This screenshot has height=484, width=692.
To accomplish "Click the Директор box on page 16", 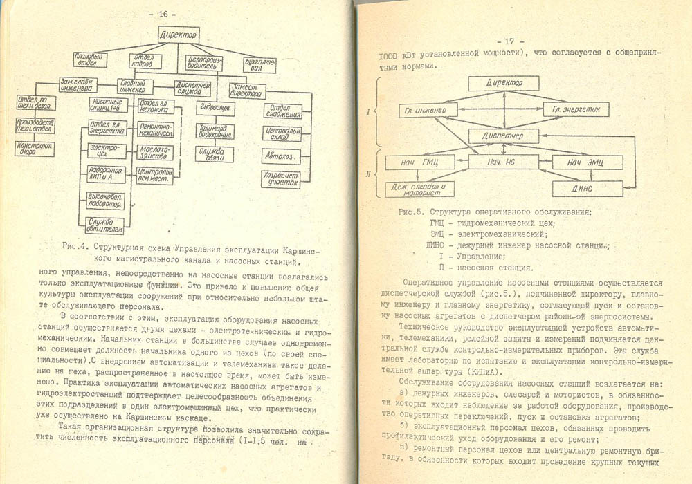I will [178, 34].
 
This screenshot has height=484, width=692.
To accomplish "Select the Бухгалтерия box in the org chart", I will [251, 64].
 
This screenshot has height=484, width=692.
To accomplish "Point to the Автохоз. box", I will [280, 157].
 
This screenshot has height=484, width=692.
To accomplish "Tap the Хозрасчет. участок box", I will [280, 180].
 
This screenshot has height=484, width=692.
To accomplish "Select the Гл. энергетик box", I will [576, 110].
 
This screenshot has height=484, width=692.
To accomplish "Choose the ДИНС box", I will [588, 187].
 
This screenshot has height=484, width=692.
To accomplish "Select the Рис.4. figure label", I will [74, 245].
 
